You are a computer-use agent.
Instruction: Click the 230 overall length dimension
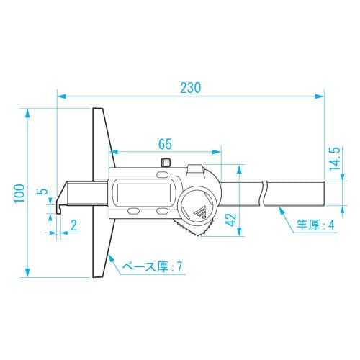point(190,86)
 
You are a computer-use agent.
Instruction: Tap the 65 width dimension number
point(164,143)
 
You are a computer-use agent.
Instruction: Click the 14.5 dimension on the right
point(333,159)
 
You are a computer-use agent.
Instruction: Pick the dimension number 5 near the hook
point(42,192)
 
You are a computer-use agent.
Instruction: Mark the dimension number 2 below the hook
point(74,225)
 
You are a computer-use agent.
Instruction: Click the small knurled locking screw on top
point(166,162)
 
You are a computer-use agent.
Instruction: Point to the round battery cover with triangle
point(199,204)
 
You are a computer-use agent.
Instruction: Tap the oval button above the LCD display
point(161,174)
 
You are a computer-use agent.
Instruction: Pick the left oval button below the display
point(134,212)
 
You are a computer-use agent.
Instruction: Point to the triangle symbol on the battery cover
point(199,210)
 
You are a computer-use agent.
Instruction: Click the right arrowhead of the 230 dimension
point(320,95)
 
